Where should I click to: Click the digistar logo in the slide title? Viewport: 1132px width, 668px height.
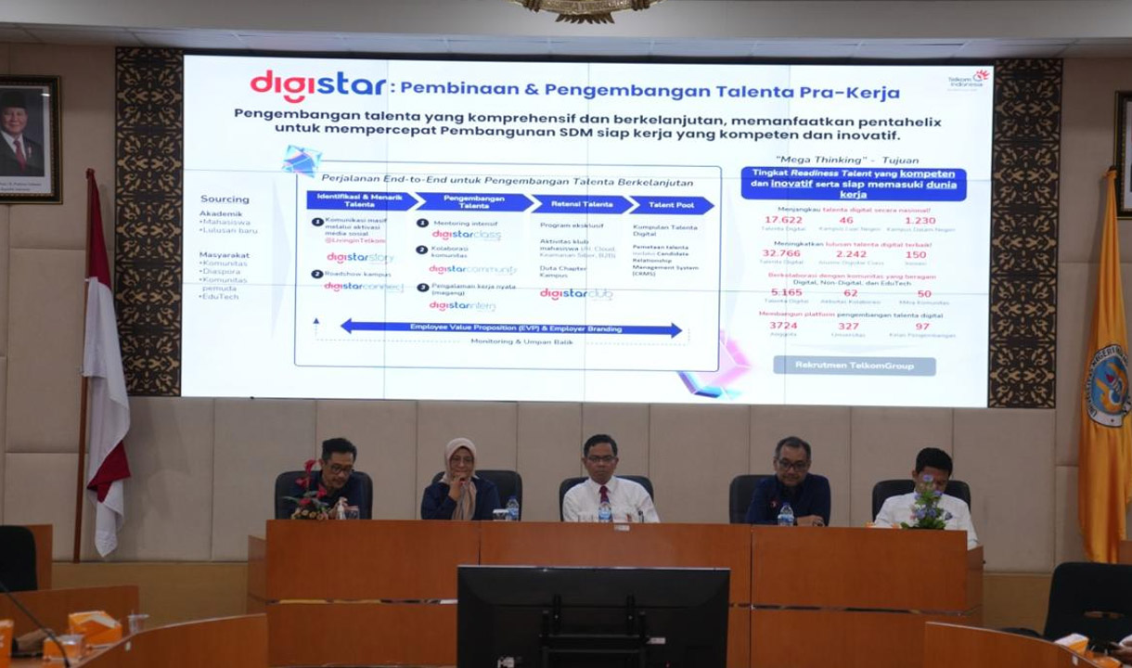tap(317, 86)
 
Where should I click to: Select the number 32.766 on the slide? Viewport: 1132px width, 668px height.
tap(781, 253)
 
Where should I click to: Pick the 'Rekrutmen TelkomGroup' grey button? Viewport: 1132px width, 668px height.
tap(854, 366)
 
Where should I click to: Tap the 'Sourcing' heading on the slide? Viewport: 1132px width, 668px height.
tap(225, 199)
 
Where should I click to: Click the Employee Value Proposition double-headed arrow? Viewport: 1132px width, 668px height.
tap(511, 328)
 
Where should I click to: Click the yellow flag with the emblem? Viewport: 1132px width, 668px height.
tap(1104, 371)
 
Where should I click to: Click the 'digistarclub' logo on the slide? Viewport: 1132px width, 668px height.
tap(576, 294)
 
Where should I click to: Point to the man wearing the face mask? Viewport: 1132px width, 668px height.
tap(929, 492)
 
